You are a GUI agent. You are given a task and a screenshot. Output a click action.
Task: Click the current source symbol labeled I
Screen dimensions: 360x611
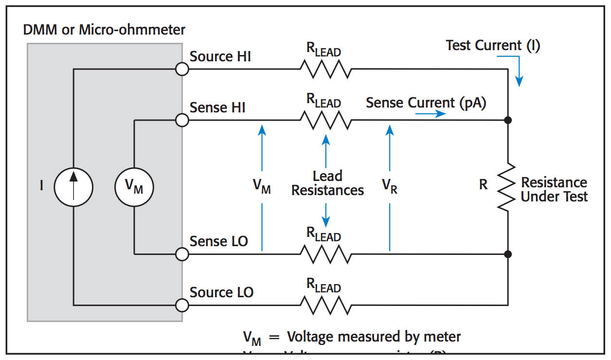tap(73, 186)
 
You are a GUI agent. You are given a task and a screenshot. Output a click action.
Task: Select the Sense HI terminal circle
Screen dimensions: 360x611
tap(181, 120)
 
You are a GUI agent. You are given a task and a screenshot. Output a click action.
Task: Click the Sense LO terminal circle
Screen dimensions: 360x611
tap(181, 254)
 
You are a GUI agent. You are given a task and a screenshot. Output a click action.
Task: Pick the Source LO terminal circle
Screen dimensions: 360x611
tap(181, 305)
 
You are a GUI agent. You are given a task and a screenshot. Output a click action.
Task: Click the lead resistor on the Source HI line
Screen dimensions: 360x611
tap(325, 69)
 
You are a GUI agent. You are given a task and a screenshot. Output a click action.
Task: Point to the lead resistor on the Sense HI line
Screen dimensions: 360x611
tap(325, 120)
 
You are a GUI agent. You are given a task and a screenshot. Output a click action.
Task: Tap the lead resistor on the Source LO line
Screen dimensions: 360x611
tap(325, 305)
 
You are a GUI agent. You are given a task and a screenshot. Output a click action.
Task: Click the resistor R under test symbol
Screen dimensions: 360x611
tap(507, 187)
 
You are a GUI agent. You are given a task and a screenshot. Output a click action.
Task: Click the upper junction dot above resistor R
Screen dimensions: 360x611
tap(507, 120)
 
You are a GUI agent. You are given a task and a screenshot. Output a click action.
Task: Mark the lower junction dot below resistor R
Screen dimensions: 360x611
tap(507, 254)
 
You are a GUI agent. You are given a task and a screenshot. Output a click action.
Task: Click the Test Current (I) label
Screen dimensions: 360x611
tap(493, 46)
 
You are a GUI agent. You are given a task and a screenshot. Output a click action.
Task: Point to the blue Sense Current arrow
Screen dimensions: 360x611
tap(431, 114)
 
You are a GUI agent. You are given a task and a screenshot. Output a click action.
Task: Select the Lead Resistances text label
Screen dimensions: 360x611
tap(327, 183)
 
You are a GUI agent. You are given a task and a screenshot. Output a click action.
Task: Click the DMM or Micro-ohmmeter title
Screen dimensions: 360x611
tap(104, 30)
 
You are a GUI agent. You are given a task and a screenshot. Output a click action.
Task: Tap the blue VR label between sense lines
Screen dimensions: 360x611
tap(389, 186)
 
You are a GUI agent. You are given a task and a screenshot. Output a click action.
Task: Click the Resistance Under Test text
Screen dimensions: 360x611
tap(554, 190)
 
